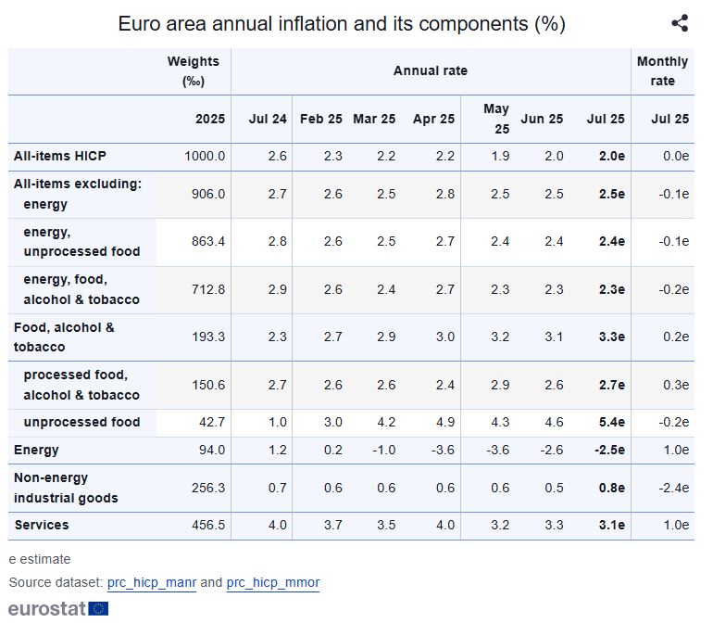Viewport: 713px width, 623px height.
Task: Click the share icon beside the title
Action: point(680,24)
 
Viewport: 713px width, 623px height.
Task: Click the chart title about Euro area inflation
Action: point(342,24)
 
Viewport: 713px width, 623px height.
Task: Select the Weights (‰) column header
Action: point(193,70)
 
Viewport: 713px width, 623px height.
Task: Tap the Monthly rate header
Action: point(662,70)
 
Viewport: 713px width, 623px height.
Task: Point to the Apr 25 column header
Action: point(433,119)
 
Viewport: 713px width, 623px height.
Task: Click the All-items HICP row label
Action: point(59,156)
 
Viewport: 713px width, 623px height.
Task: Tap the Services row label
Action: point(42,525)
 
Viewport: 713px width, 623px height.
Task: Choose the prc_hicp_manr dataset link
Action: point(152,582)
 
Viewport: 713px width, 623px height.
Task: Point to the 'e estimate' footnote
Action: point(40,559)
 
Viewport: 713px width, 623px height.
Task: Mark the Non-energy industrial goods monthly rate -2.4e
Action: point(670,488)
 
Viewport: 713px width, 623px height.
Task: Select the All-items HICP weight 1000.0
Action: point(205,156)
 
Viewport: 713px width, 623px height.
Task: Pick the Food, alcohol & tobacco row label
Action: point(64,337)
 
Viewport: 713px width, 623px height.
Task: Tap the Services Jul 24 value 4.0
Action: point(276,525)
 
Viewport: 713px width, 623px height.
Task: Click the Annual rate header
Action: point(431,70)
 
